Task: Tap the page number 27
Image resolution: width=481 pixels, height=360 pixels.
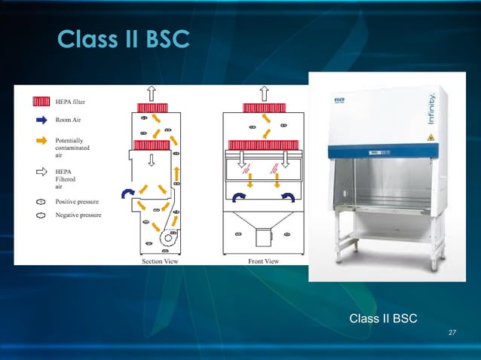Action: (452, 332)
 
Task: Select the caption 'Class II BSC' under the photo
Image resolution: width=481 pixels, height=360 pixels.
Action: (383, 319)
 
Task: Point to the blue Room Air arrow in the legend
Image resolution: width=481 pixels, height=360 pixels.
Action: (41, 118)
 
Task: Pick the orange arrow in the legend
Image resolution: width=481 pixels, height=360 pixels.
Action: (41, 141)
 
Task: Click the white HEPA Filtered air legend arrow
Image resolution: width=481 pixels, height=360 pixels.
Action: (41, 171)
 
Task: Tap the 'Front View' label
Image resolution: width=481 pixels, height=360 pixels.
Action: (263, 261)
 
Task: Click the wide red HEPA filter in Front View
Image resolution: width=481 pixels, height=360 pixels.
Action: (264, 145)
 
